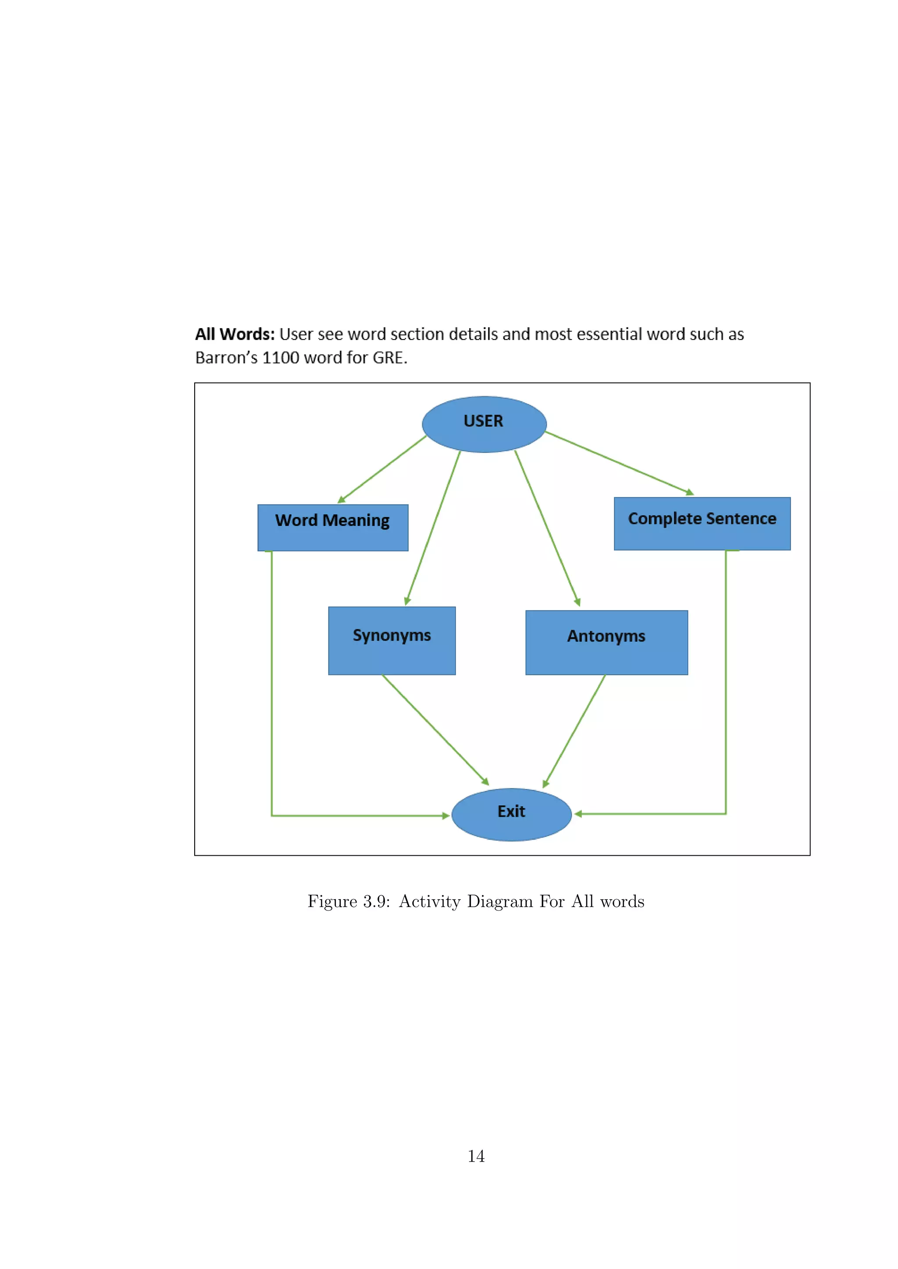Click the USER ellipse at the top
pyautogui.click(x=484, y=424)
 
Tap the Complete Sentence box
pyautogui.click(x=702, y=523)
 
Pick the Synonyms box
pyautogui.click(x=392, y=640)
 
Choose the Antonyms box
pyautogui.click(x=606, y=642)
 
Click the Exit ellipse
pyautogui.click(x=511, y=814)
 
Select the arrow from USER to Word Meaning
pyautogui.click(x=381, y=469)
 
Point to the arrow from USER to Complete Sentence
pyautogui.click(x=619, y=463)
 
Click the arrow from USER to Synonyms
pyautogui.click(x=433, y=528)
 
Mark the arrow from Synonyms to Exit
pyautogui.click(x=435, y=730)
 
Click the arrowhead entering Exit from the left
pyautogui.click(x=445, y=815)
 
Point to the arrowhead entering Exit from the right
pyautogui.click(x=578, y=814)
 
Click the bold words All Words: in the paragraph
pyautogui.click(x=235, y=334)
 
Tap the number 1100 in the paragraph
pyautogui.click(x=280, y=358)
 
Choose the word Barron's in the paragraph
pyautogui.click(x=226, y=358)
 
